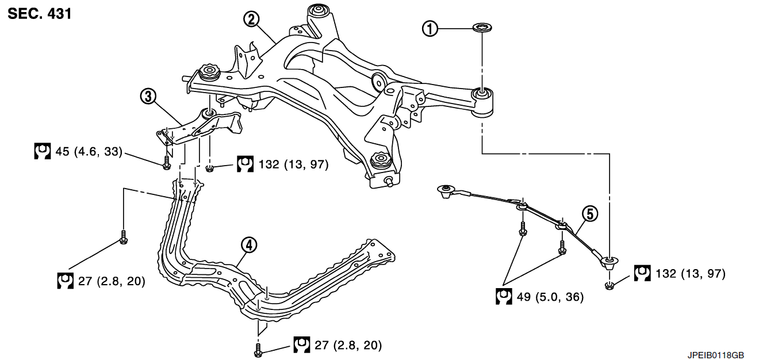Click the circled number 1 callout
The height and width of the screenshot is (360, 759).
click(x=430, y=28)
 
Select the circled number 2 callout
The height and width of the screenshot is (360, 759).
click(x=251, y=20)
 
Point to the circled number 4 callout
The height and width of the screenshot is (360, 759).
click(x=248, y=245)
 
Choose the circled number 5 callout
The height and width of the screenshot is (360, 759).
click(x=590, y=213)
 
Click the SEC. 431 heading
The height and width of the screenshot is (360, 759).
click(x=40, y=14)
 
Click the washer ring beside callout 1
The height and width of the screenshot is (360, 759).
click(x=482, y=28)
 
